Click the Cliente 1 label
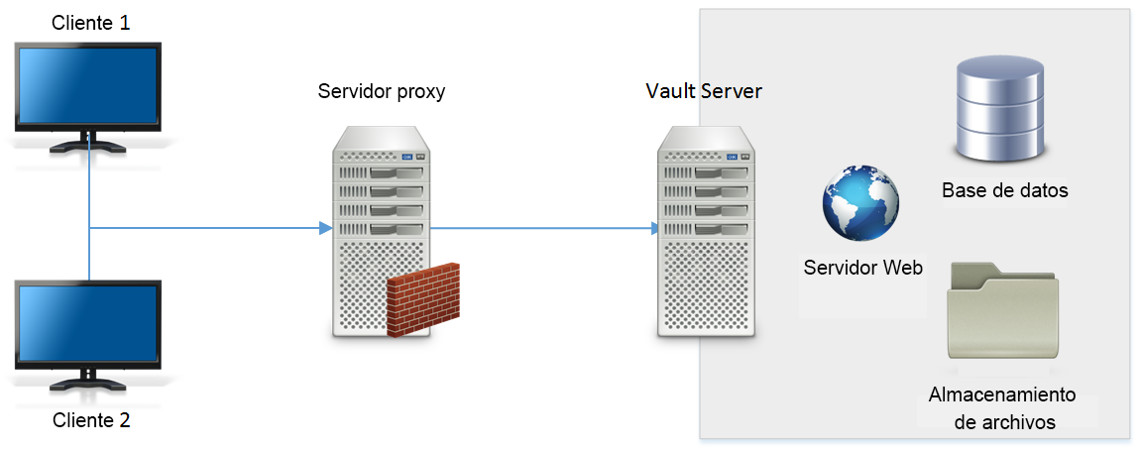point(90,22)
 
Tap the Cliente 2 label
point(90,420)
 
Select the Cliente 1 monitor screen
point(88,84)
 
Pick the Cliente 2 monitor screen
point(88,322)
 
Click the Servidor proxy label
point(382,91)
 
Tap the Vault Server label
point(703,91)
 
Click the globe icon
point(860,202)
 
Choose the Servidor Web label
point(862,268)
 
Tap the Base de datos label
point(1004,190)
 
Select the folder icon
point(1002,311)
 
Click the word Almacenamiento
point(1002,394)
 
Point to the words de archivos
point(1003,422)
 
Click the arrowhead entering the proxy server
point(324,229)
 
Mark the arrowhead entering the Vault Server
point(654,229)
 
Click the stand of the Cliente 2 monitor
point(88,380)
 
